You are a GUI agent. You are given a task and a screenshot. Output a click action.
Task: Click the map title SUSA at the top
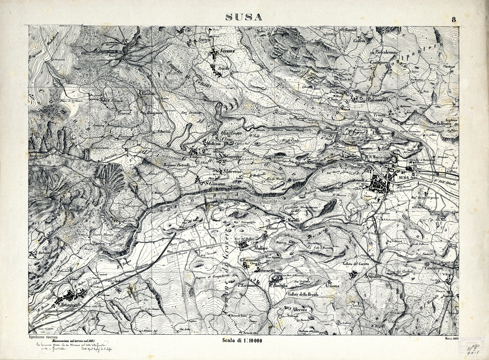tap(244, 17)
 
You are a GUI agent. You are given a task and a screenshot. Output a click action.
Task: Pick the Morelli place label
tap(294, 220)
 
